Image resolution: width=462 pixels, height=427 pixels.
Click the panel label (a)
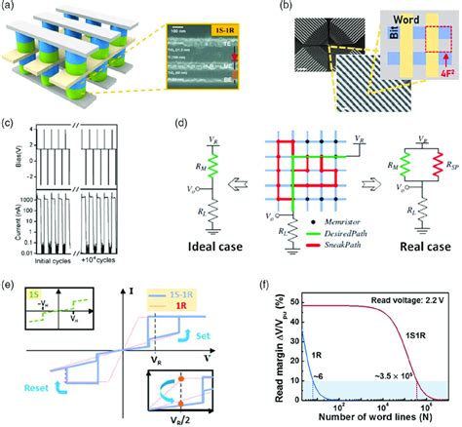(x=12, y=9)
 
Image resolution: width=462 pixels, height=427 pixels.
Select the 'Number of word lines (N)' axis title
(x=359, y=420)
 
